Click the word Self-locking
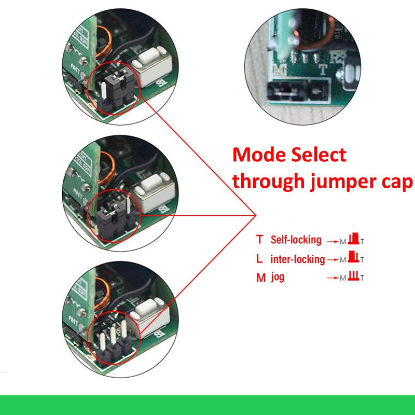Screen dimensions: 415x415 click(x=296, y=240)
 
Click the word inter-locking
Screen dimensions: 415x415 click(x=298, y=259)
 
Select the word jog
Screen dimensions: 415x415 click(x=278, y=278)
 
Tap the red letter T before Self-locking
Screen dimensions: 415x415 click(x=260, y=240)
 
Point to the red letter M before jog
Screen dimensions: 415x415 click(x=260, y=278)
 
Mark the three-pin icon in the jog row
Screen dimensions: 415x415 click(x=354, y=276)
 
